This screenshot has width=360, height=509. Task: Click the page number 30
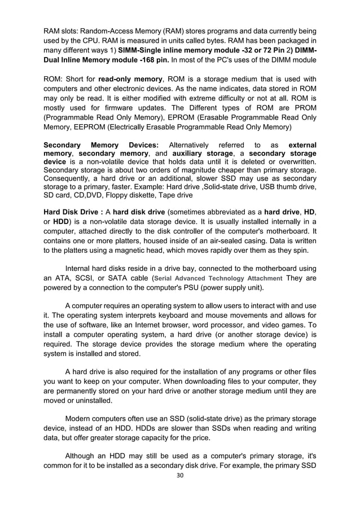point(180,491)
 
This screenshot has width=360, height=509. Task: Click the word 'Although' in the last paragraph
point(82,456)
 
